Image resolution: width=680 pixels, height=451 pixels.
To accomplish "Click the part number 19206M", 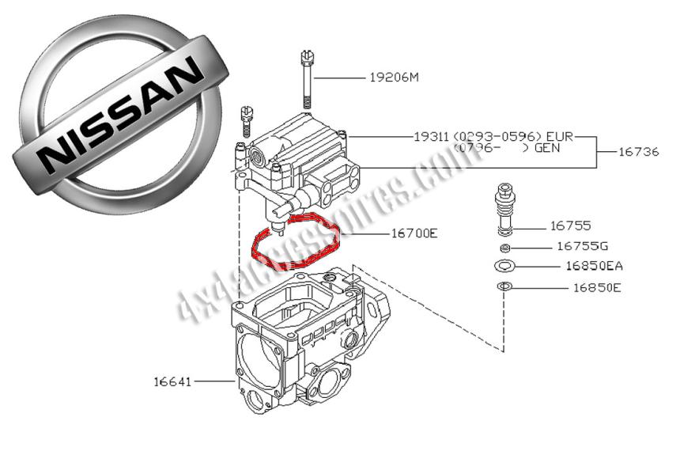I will [394, 78].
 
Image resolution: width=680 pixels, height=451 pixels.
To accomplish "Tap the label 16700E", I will [414, 233].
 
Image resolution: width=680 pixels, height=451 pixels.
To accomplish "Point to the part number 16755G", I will [581, 246].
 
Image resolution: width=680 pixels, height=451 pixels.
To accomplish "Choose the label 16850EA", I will [594, 266].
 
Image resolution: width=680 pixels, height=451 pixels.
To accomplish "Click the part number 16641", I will [172, 381].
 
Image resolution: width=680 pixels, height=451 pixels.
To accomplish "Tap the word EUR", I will [559, 136].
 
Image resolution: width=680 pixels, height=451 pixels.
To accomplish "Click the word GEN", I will [552, 148].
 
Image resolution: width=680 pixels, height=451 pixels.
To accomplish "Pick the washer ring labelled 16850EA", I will [504, 265].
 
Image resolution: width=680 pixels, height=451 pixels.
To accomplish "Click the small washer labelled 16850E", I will [504, 286].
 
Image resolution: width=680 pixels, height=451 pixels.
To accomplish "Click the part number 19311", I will [431, 136].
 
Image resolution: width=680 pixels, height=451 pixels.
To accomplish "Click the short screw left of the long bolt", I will [246, 120].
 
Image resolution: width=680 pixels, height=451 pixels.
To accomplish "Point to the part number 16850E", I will [596, 287].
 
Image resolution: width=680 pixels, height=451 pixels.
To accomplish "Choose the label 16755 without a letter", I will [570, 225].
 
